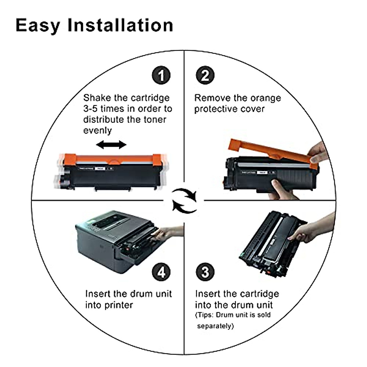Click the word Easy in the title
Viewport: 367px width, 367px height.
point(38,25)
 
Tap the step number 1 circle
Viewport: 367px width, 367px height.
point(161,75)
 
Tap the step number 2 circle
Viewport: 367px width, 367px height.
point(205,75)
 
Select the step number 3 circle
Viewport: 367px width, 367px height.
point(205,272)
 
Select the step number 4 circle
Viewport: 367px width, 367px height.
point(161,272)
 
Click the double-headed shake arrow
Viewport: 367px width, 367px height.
point(111,145)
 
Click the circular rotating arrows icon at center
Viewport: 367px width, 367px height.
point(184,200)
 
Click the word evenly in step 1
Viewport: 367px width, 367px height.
point(98,130)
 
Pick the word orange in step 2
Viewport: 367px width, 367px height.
point(265,98)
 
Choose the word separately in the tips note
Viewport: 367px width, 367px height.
point(215,326)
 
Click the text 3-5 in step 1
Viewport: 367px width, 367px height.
point(91,109)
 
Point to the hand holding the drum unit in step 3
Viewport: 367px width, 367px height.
point(309,231)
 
